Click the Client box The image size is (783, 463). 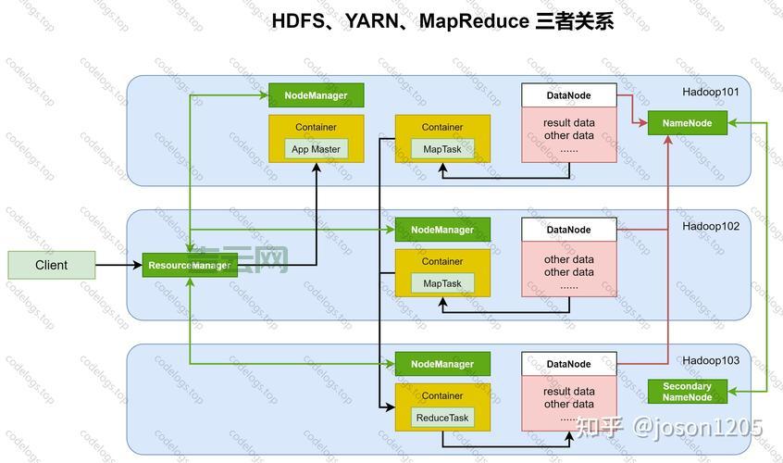(51, 265)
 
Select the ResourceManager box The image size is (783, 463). (189, 266)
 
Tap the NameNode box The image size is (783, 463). (687, 123)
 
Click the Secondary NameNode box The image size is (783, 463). (687, 392)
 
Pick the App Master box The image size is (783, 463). (316, 149)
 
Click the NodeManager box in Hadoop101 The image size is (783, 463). (316, 95)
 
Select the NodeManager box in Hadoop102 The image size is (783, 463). (441, 230)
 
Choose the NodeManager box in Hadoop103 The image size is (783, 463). (441, 364)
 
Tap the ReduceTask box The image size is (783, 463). (441, 418)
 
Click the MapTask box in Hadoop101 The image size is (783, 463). (441, 149)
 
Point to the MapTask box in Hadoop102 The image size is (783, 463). (441, 283)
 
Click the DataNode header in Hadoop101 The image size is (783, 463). (568, 95)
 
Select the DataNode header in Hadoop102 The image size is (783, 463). (568, 230)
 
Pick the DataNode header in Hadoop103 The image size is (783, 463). (568, 364)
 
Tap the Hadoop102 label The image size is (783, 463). (711, 226)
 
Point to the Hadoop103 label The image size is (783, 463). (711, 360)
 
